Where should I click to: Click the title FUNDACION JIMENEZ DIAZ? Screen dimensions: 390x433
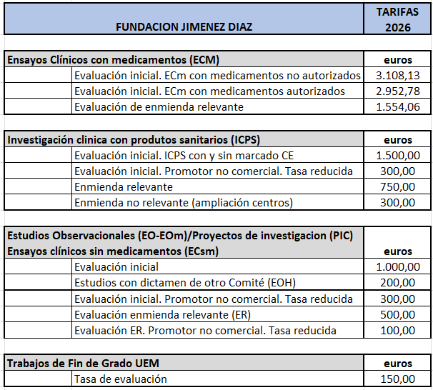coord(185,27)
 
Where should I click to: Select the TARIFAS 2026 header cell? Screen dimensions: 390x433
coord(397,19)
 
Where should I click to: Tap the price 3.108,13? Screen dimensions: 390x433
coord(398,75)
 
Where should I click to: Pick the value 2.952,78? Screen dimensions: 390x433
coord(398,91)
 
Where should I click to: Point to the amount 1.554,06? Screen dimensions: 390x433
coord(398,107)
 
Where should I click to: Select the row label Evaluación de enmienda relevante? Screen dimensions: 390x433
coord(159,107)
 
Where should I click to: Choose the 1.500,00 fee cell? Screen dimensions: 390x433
coord(398,155)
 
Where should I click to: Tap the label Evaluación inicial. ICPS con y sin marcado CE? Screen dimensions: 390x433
coord(184,155)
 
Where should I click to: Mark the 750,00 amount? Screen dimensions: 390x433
coord(398,186)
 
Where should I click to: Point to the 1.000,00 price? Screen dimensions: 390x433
coord(398,266)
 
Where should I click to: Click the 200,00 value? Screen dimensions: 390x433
coord(398,282)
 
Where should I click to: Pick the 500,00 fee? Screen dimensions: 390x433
coord(398,314)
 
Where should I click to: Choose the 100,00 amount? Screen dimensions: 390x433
coord(398,330)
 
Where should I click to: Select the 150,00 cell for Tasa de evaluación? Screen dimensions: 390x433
coord(398,379)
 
